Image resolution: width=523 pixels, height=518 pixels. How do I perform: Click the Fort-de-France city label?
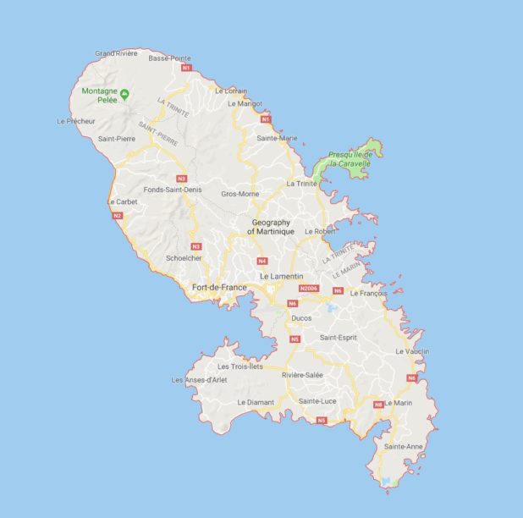(219, 288)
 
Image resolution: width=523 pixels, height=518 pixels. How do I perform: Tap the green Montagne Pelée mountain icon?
(125, 92)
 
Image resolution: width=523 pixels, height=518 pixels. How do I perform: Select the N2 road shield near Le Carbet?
(117, 216)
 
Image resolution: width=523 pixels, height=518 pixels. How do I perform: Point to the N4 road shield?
(262, 261)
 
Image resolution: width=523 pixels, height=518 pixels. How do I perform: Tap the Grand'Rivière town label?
(116, 53)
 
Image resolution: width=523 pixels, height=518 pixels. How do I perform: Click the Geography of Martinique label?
(273, 226)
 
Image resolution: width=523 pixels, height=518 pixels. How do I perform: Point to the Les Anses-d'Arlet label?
(199, 380)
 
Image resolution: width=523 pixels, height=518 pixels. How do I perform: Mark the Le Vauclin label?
(412, 351)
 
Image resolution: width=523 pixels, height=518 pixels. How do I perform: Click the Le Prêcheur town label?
(75, 121)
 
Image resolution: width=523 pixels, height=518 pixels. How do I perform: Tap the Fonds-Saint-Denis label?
(173, 190)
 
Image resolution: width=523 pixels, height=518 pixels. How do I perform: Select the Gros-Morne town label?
(239, 194)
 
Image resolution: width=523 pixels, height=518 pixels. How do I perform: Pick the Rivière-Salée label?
(302, 374)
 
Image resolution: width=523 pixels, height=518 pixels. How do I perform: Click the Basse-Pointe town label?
(170, 58)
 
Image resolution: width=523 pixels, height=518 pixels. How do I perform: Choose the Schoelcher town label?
(184, 258)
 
